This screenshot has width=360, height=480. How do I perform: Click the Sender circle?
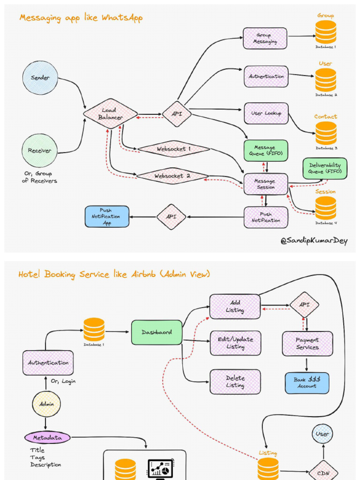pos(40,78)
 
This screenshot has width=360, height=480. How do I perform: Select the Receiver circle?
pos(39,150)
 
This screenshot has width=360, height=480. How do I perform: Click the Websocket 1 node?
pos(173,149)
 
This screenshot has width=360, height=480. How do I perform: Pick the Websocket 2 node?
pos(172,176)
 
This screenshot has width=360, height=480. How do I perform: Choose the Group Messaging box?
pos(265,38)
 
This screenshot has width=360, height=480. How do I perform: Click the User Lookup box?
pos(266,113)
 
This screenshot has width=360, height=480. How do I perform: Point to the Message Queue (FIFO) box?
pos(265,150)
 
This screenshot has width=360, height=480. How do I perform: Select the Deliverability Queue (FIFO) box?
pos(325,169)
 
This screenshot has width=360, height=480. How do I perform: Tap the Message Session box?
pos(265,184)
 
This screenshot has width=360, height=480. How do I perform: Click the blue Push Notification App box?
pos(107,217)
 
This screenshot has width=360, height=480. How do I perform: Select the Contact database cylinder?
pos(326,133)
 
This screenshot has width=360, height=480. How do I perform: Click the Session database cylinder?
pos(326,208)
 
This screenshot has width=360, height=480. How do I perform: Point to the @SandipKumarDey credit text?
pos(314,241)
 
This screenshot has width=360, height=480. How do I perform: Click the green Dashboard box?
pos(157,332)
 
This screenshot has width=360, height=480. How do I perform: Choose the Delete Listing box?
pos(235,382)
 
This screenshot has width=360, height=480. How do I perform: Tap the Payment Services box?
pos(307,344)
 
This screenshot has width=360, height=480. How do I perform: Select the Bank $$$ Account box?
pos(307,383)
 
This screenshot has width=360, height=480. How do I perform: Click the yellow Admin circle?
pos(46,404)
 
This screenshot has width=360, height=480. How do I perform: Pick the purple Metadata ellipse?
pos(47,438)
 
